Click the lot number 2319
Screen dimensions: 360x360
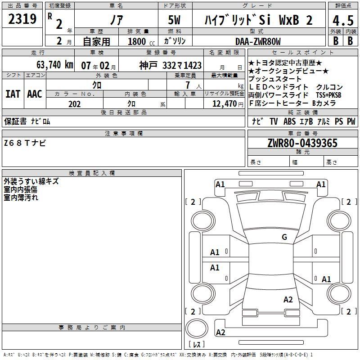click(22, 19)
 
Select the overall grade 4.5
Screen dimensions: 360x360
click(343, 20)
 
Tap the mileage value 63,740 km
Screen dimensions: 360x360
click(54, 65)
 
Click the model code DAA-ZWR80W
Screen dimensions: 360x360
click(258, 41)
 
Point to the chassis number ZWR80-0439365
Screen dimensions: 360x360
click(302, 143)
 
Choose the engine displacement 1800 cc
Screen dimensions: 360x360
click(141, 41)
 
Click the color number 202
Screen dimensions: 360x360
click(74, 104)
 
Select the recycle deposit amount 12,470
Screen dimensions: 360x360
click(224, 104)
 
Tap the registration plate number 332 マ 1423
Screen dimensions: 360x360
click(182, 66)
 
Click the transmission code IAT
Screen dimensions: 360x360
click(13, 94)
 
